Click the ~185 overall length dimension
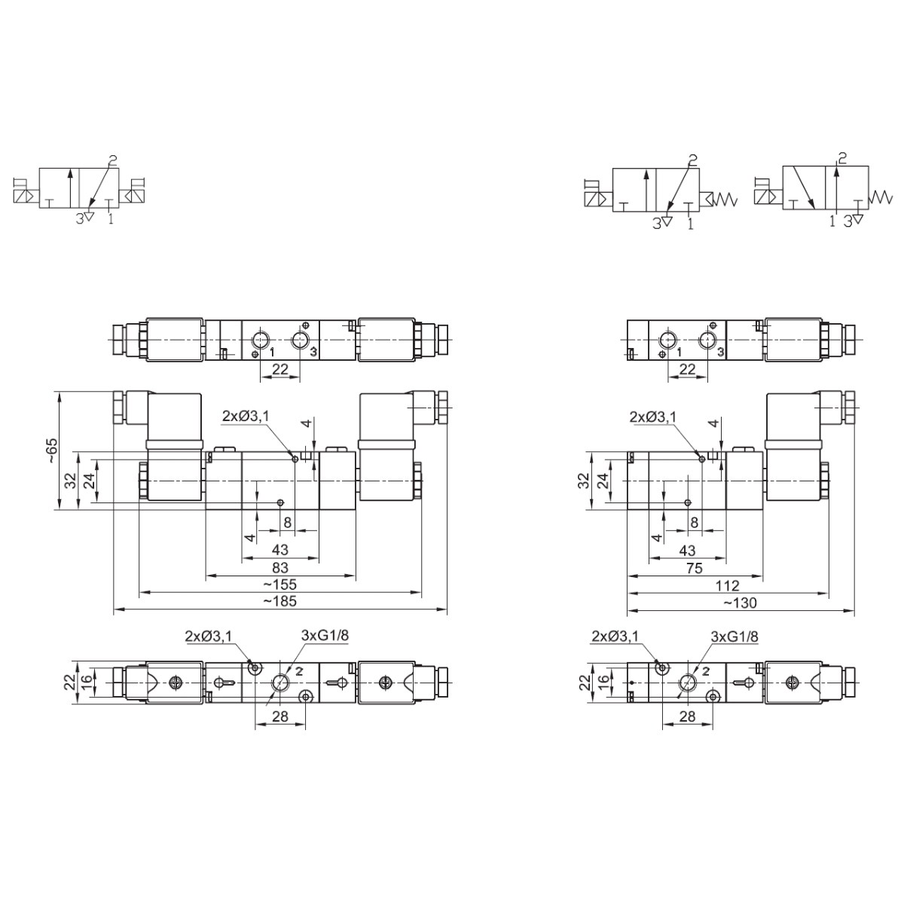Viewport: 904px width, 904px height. click(280, 601)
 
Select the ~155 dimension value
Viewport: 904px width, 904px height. click(280, 585)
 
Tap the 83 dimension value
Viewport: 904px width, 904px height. click(280, 568)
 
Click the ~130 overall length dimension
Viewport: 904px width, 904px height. click(741, 603)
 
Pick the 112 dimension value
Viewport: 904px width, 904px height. click(727, 585)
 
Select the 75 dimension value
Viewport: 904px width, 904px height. click(695, 568)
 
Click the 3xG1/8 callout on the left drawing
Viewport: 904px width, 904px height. click(325, 636)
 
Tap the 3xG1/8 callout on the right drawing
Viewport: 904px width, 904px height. click(734, 637)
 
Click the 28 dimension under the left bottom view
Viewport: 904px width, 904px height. click(280, 716)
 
